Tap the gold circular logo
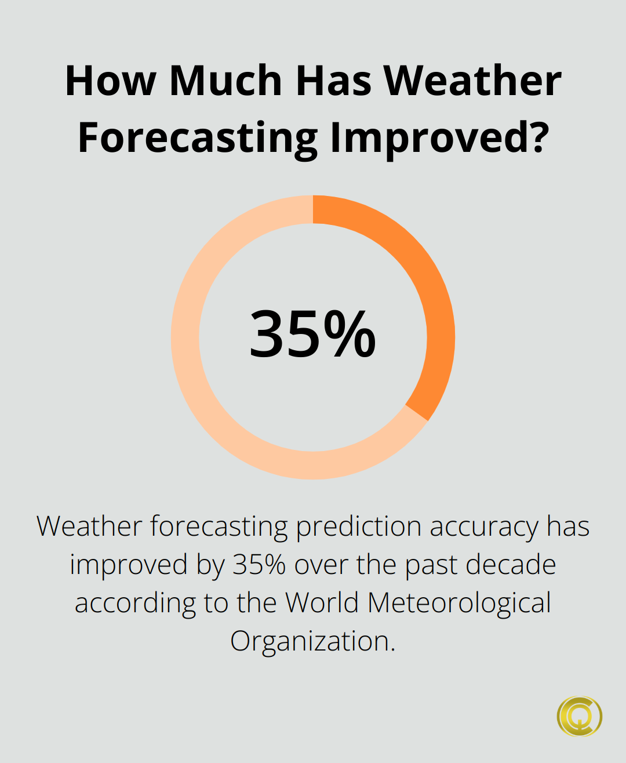(580, 717)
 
